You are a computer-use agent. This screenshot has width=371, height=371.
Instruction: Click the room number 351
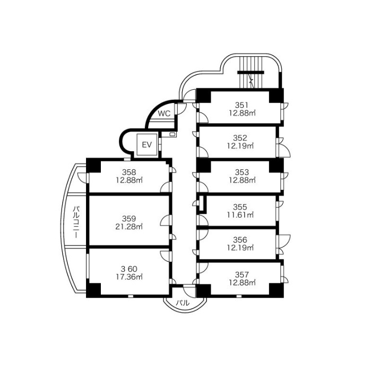point(242,105)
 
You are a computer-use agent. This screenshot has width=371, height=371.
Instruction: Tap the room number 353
point(242,172)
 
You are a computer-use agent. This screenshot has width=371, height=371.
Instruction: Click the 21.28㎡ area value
point(129,227)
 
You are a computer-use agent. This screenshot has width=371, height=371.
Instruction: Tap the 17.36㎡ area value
point(129,277)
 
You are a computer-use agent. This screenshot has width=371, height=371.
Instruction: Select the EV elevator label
point(146,144)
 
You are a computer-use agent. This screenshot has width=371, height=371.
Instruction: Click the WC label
point(164,113)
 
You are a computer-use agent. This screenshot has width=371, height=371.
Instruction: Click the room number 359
point(129,218)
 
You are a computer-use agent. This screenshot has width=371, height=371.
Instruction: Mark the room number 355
point(242,206)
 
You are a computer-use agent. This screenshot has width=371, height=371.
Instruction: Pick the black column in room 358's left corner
point(93,165)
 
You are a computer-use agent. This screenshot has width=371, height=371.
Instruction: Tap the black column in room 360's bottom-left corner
point(93,291)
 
